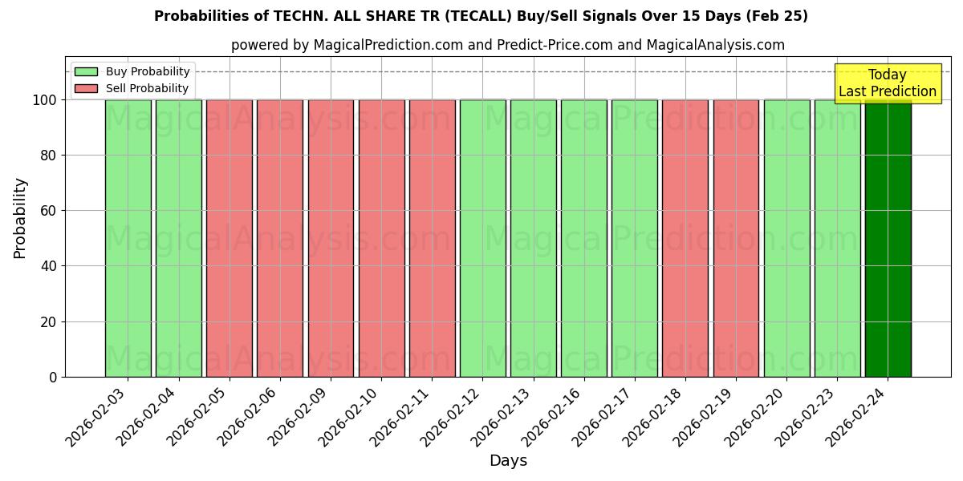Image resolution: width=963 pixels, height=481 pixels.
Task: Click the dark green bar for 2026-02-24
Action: (x=888, y=238)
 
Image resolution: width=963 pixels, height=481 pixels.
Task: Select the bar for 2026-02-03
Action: (x=128, y=238)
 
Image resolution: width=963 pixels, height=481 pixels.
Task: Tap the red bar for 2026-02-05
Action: (x=229, y=238)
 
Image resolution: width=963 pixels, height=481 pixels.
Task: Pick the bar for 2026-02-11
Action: (x=432, y=238)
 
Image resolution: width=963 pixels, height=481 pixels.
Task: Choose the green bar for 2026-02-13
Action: (x=534, y=238)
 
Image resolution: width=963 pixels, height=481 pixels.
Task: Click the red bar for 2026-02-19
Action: (x=736, y=238)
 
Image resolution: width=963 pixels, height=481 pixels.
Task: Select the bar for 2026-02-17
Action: (x=635, y=238)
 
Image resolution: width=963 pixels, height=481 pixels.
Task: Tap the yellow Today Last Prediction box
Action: (x=887, y=83)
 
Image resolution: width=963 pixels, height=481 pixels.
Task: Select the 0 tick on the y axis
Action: (x=53, y=377)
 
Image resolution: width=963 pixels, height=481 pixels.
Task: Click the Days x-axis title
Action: (x=508, y=461)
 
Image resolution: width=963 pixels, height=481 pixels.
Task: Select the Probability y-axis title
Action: (x=20, y=217)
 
